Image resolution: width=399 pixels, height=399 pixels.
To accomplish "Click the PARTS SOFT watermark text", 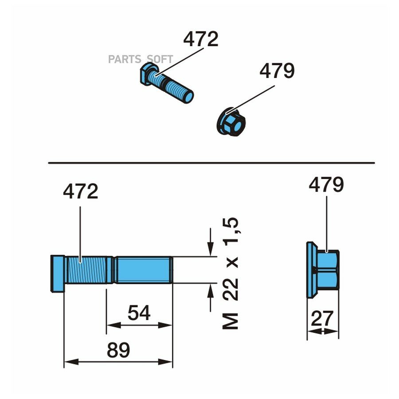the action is coord(141,59).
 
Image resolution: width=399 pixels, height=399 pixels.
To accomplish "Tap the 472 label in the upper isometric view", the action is coord(201,39).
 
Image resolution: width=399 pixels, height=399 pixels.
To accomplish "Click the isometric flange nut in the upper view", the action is coord(231,122).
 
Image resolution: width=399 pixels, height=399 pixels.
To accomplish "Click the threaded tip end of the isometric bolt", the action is coord(188,97).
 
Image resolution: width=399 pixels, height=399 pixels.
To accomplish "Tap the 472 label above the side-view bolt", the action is coord(80,191).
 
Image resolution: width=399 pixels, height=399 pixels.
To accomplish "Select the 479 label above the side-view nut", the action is coord(326,184).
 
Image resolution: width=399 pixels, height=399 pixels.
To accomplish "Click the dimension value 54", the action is coord(139,313).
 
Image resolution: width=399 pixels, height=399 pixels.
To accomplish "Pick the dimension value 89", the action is coord(118,350).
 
